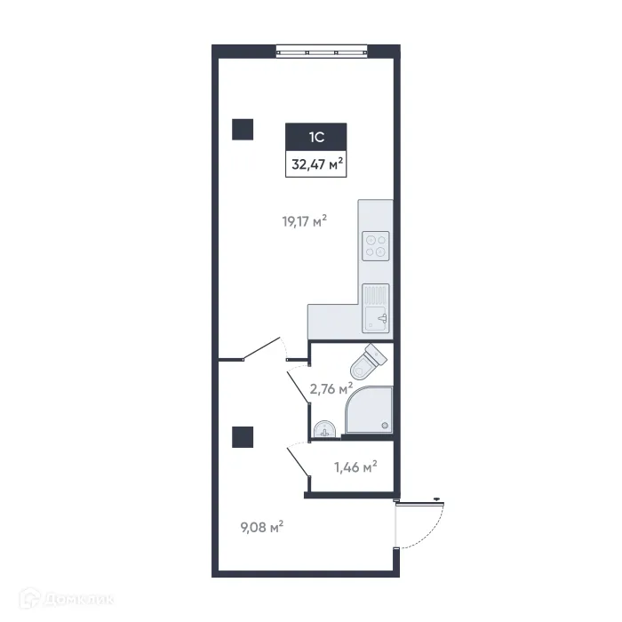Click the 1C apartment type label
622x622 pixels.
pyautogui.click(x=315, y=138)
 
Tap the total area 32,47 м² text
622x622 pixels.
pyautogui.click(x=315, y=163)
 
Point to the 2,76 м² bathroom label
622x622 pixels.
pyautogui.click(x=331, y=387)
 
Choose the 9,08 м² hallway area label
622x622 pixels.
pyautogui.click(x=261, y=527)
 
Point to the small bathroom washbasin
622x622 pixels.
pyautogui.click(x=325, y=430)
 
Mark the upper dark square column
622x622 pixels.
pyautogui.click(x=243, y=130)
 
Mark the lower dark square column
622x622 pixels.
pyautogui.click(x=243, y=436)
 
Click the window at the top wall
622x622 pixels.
pyautogui.click(x=321, y=51)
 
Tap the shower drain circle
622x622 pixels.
pyautogui.click(x=385, y=426)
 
